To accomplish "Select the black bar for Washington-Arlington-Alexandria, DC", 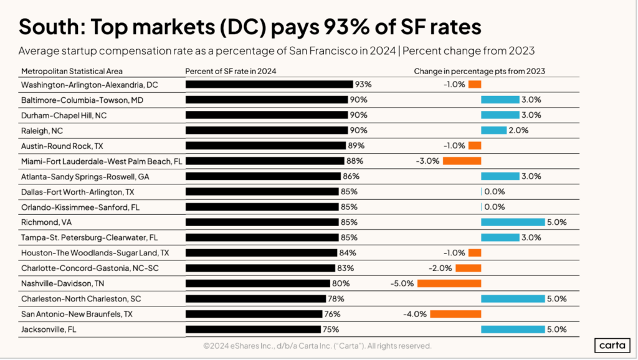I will tap(269, 84).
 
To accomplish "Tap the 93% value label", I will tap(363, 84).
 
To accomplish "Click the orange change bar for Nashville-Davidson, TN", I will tap(449, 283).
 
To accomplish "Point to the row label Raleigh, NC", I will tap(42, 130).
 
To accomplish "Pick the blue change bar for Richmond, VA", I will tap(513, 222).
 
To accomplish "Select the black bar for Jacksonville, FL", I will tap(254, 329).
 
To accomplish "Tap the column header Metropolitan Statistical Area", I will tap(72, 71).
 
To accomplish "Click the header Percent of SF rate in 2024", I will tap(231, 71).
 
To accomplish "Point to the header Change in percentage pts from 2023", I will tap(479, 71).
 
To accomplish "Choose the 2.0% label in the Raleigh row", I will tap(518, 130).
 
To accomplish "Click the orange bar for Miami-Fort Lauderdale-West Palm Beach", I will tap(462, 161).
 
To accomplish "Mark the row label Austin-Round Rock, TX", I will tap(62, 146).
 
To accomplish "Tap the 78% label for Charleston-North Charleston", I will tap(335, 299).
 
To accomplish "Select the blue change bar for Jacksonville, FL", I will tap(513, 329).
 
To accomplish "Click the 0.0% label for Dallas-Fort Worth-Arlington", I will tap(494, 192).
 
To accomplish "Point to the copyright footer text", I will tap(317, 346).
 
